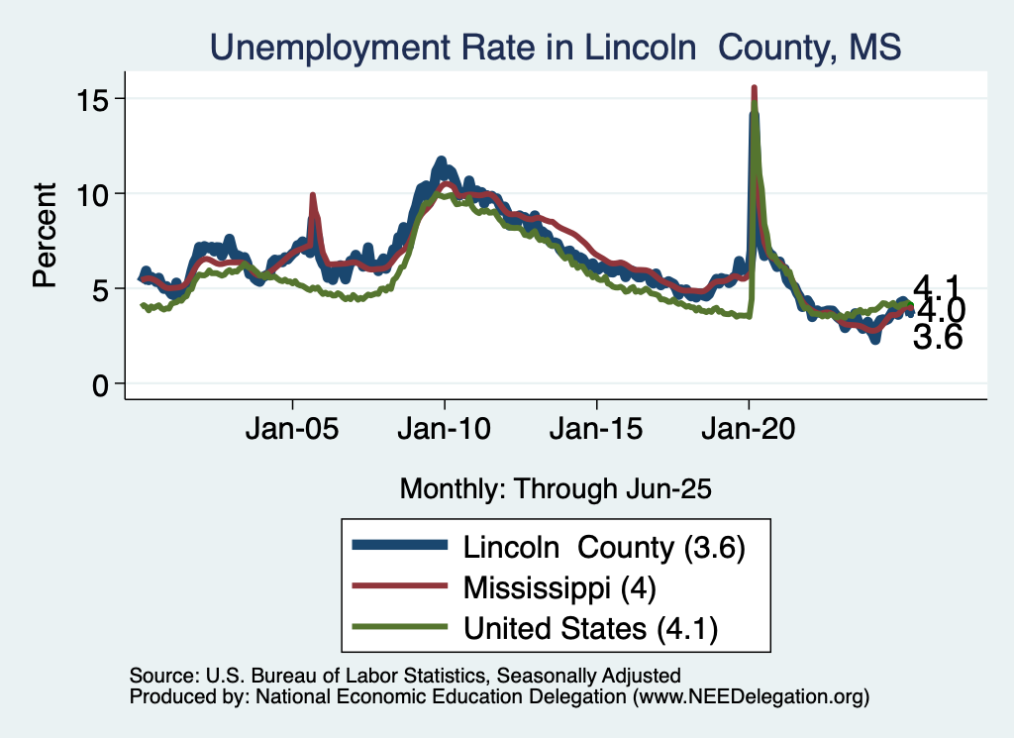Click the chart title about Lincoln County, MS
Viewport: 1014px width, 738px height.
[555, 48]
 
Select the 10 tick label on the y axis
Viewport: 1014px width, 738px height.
[96, 193]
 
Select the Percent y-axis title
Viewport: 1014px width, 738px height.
[45, 235]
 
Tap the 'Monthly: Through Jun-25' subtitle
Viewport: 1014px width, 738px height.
[556, 487]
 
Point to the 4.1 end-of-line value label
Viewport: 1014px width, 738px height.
[937, 287]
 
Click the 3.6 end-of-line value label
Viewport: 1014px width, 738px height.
[937, 339]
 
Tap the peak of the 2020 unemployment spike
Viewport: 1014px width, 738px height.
[755, 89]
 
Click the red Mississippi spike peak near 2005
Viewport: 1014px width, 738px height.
[313, 196]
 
